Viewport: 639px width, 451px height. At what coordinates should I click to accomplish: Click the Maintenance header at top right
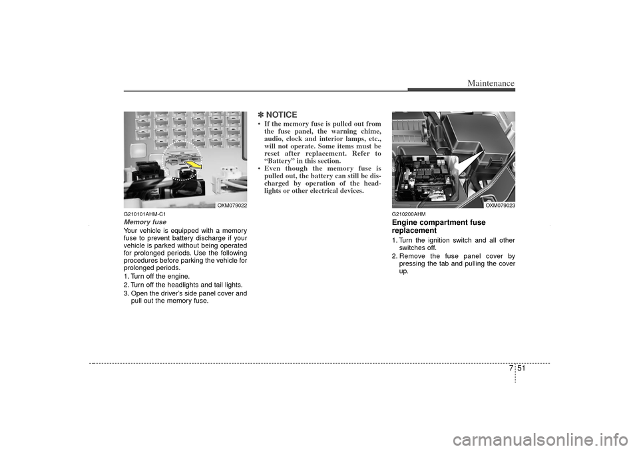pyautogui.click(x=491, y=83)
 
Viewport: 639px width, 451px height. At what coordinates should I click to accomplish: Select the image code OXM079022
pyautogui.click(x=232, y=206)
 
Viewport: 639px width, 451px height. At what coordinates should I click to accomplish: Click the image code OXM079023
pyautogui.click(x=500, y=206)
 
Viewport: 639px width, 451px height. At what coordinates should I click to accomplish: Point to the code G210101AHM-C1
pyautogui.click(x=144, y=214)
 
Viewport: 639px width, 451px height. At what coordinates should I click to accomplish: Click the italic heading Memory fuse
pyautogui.click(x=145, y=222)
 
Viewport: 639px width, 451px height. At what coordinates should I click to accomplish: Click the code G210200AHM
pyautogui.click(x=409, y=214)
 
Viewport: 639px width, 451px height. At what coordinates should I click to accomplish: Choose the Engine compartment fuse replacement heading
pyautogui.click(x=439, y=226)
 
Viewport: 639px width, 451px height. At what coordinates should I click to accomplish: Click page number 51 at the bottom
pyautogui.click(x=522, y=369)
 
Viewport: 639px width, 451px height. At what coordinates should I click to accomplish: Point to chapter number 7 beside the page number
pyautogui.click(x=511, y=369)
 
